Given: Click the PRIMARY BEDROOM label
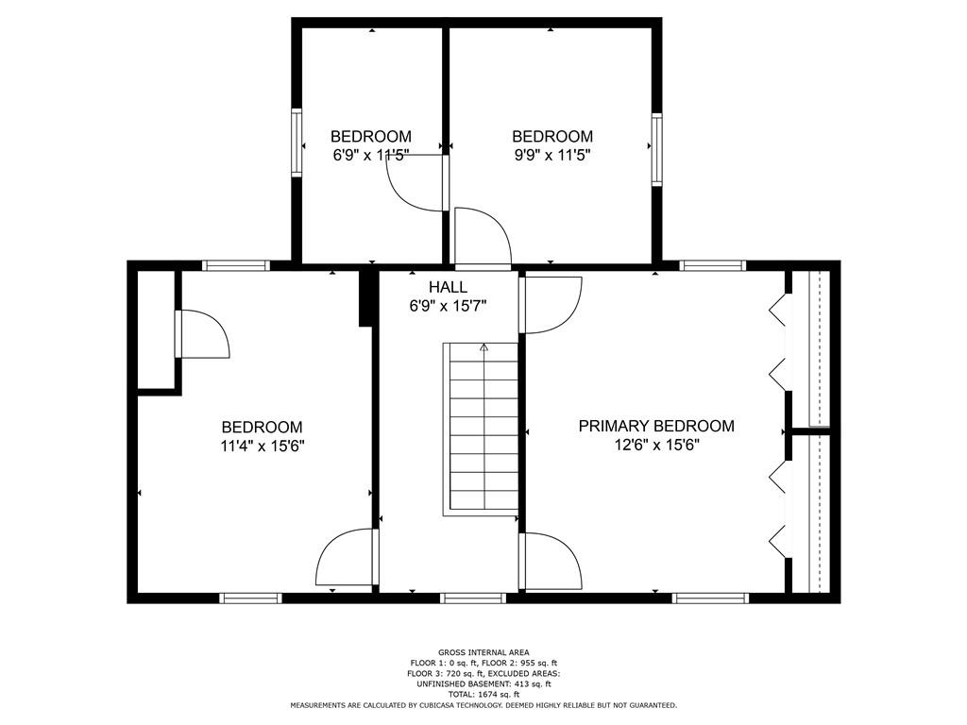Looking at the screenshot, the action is pos(656,426).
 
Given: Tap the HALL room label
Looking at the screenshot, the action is pos(449,287).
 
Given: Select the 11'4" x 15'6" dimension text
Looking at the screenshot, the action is pos(263,446).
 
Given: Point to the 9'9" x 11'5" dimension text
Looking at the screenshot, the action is pos(552,155).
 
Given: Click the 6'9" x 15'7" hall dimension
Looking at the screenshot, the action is pos(449,306).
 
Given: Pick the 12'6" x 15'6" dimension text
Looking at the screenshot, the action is pos(657,446).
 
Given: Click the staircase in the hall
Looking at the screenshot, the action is pos(481,430).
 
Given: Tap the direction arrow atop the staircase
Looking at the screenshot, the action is pos(484,347).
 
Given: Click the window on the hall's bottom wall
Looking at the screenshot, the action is pos(473,598).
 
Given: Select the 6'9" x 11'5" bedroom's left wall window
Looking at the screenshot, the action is pos(297,143).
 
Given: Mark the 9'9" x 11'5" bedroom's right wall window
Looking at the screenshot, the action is pos(657,149).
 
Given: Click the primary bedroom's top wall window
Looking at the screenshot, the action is pos(713,265).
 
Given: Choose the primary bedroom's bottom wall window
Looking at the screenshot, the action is pos(710,598).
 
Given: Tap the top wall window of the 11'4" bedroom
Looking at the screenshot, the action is pos(236,265).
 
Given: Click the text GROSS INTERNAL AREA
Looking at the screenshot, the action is pos(483,652).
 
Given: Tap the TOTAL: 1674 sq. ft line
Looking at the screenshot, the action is pos(483,694).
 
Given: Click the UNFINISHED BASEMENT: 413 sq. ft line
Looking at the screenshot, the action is pos(483,683).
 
